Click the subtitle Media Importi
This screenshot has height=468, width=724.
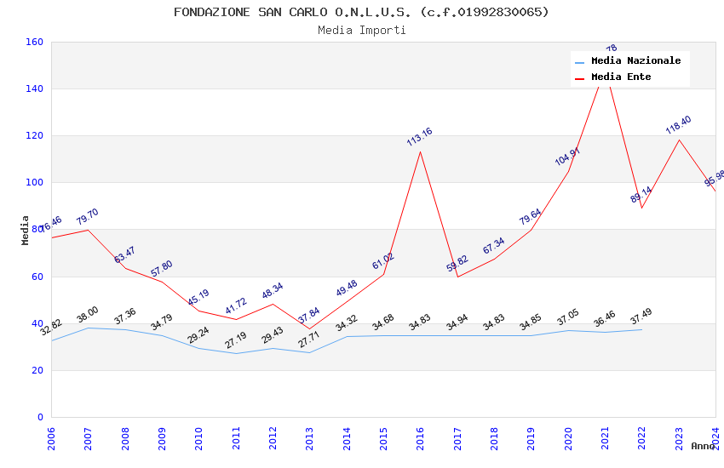(361, 30)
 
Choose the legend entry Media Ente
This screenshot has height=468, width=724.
(620, 77)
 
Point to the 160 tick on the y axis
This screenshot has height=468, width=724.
(35, 42)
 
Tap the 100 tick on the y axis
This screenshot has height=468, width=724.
(35, 182)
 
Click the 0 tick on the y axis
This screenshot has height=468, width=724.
(40, 417)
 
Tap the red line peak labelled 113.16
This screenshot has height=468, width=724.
(420, 151)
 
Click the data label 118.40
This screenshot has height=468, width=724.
(678, 125)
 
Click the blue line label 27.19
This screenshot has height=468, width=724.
(235, 340)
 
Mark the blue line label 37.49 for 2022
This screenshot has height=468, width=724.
(641, 317)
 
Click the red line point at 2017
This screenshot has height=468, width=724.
(457, 277)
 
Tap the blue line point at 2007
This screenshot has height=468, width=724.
(88, 328)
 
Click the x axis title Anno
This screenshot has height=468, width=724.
(703, 446)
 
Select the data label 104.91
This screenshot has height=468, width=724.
(567, 157)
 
